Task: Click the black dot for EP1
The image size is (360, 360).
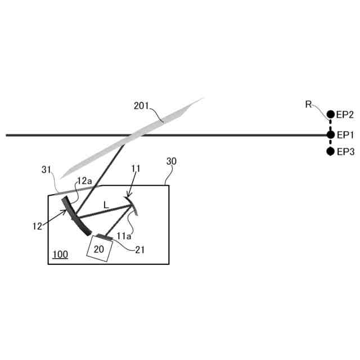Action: click(x=330, y=135)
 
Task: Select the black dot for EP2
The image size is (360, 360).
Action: click(x=330, y=115)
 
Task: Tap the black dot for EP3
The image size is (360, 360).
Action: click(x=330, y=151)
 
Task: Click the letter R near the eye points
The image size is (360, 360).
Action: click(x=308, y=104)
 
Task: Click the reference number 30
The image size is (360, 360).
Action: click(x=172, y=161)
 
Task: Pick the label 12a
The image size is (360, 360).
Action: click(x=84, y=181)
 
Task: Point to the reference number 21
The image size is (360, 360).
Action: click(x=139, y=249)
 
